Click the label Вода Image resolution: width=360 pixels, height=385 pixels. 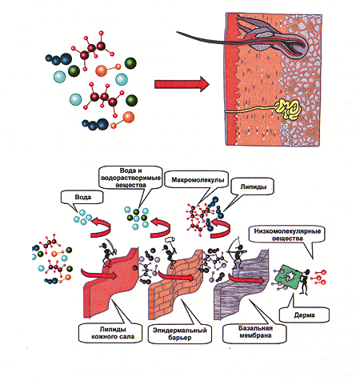coord(82,198)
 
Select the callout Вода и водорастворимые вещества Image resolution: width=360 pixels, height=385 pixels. coord(130,178)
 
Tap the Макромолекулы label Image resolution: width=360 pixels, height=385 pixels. coord(198,179)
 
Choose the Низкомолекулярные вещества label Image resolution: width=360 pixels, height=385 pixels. coord(287,235)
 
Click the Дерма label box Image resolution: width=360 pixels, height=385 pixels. coord(304,315)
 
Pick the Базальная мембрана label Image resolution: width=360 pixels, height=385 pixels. coord(255,332)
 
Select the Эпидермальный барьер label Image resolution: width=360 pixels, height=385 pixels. coord(180,334)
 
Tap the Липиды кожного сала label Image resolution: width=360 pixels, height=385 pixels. coord(112,333)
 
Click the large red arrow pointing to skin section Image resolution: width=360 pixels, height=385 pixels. coord(182,84)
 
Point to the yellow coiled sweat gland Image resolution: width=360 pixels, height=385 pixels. coord(289,110)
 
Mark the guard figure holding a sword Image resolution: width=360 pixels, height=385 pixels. coord(109,252)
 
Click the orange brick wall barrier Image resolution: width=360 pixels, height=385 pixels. coord(176,284)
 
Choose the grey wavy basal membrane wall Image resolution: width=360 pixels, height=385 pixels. coord(242,285)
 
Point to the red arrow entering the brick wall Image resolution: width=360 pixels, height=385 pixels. coord(176,276)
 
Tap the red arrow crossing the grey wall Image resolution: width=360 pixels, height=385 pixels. coord(246,279)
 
